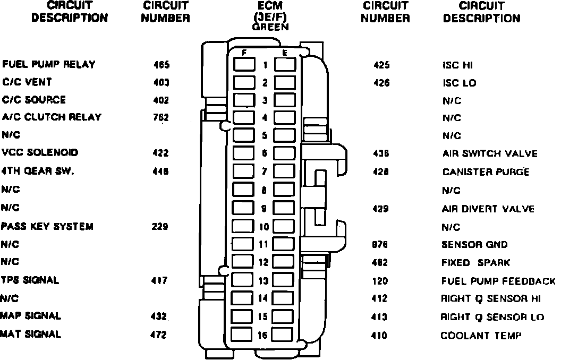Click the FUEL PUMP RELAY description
coord(49,65)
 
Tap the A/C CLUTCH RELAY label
coord(52,117)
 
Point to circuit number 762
coord(160,118)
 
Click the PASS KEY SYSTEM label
coord(47,227)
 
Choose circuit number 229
coord(160,227)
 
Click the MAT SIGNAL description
coord(31,335)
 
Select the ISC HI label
coord(457,65)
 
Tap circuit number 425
coord(381,65)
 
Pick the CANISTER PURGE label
coord(486,172)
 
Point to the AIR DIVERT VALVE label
coord(488,209)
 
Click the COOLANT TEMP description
coord(481,336)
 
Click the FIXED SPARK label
coord(476,263)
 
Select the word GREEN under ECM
coord(271,28)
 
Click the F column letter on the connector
coord(244,53)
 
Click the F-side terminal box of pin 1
coord(244,65)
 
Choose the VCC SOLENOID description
coord(40,153)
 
